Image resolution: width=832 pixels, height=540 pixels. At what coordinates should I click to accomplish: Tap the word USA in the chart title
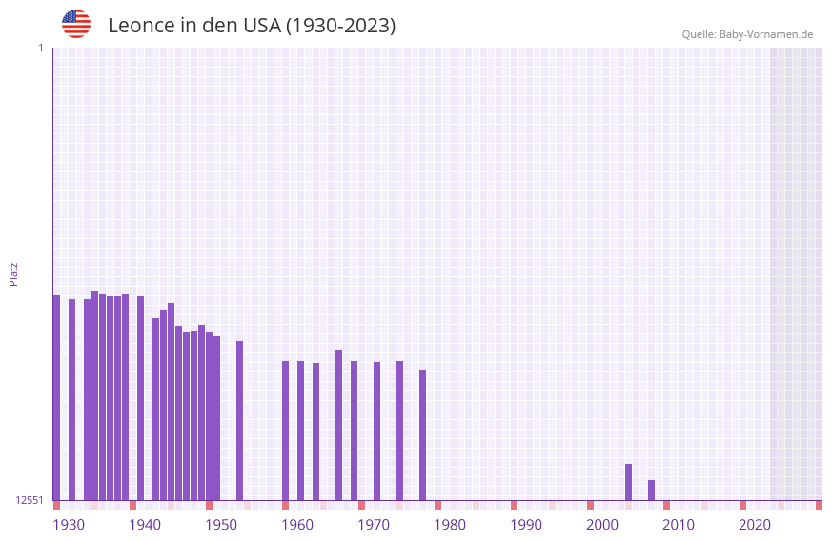point(263,26)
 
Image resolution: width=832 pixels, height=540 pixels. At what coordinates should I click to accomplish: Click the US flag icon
point(76,24)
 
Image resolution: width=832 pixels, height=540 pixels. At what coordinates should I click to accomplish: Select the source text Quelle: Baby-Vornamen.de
point(747,34)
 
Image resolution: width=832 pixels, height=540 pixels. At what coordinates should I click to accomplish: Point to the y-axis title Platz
point(13,273)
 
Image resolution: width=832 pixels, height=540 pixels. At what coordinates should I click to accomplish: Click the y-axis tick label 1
point(41,48)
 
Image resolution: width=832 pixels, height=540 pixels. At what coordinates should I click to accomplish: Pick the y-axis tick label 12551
point(30,500)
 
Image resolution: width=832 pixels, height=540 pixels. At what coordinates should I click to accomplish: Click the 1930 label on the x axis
point(69,525)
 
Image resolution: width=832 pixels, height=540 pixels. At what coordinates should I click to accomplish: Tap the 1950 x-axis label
point(221,525)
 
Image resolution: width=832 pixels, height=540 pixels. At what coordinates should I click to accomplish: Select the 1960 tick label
point(297,525)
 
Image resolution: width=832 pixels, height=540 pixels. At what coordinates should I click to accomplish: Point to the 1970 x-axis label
point(374,525)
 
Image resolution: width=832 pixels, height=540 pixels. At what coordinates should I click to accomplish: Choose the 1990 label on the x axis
point(526,525)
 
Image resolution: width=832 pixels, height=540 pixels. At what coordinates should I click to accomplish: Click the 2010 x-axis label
point(679,525)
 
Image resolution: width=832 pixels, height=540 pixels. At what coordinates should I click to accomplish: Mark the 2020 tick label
point(755,525)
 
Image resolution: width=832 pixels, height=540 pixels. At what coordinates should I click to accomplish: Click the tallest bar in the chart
point(94,395)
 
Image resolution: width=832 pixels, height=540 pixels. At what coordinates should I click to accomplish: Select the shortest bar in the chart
point(651,490)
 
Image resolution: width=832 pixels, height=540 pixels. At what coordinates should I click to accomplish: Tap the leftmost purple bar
point(56,397)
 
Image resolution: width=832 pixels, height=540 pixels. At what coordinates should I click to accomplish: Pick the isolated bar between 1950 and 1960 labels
point(239,420)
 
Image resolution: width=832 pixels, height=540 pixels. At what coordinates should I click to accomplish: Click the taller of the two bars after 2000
point(628,482)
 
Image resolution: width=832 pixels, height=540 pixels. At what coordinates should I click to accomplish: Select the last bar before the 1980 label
point(422,434)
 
